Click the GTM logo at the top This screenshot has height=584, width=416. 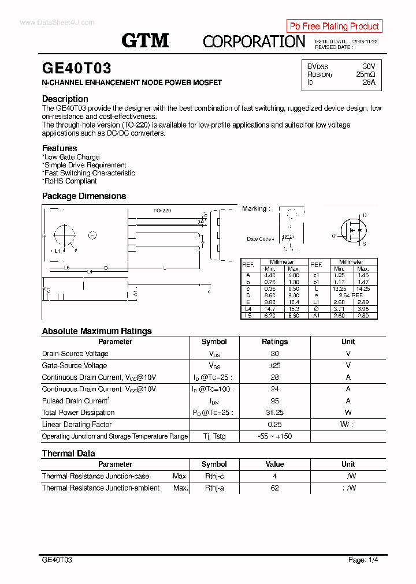tap(144, 40)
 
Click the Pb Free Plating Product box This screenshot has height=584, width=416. tap(334, 26)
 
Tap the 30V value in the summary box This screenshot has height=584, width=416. tap(369, 66)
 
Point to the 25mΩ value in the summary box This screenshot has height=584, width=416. tap(365, 74)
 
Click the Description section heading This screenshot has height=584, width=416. tap(65, 99)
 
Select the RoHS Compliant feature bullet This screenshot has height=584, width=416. tap(69, 181)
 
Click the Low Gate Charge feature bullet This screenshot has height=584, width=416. tap(70, 157)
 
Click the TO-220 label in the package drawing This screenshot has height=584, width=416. tap(162, 211)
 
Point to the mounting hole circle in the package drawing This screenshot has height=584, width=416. tap(65, 235)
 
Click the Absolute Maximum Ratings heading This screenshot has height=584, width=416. tap(96, 331)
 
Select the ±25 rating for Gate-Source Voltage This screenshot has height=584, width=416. tap(274, 365)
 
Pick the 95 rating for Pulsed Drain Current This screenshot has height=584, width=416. tap(274, 400)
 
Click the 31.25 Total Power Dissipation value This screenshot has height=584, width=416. tap(274, 413)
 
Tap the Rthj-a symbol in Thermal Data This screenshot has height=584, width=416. tap(214, 488)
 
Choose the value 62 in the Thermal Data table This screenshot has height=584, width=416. tap(274, 488)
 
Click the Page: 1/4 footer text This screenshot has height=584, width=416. tap(363, 560)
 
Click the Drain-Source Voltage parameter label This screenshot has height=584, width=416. tap(75, 354)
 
